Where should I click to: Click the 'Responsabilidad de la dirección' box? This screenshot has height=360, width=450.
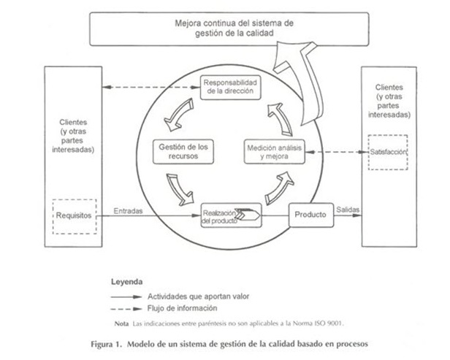point(230,87)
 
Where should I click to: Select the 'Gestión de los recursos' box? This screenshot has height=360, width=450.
point(183,151)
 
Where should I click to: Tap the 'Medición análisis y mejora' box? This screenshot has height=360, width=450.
point(275,152)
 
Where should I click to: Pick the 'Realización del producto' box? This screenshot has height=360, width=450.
point(232,215)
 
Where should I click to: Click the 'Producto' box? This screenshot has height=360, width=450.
point(311,215)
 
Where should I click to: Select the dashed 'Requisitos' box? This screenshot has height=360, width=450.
point(75,217)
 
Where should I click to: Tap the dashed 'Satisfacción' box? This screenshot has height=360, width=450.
point(388,153)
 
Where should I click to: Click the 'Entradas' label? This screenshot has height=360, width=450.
point(128,211)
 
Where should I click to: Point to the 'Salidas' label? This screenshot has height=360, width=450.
point(348,210)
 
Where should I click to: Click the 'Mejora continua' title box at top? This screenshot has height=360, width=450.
point(229,28)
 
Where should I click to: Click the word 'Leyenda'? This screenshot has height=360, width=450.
point(127,282)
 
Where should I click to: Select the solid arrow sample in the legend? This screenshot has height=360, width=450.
point(126,297)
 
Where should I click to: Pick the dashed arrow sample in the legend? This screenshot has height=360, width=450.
point(126,309)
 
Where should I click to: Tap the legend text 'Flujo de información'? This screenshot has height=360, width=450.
point(182,308)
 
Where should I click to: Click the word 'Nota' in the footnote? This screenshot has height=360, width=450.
point(121,324)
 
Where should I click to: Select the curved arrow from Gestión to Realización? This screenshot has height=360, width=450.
point(180,190)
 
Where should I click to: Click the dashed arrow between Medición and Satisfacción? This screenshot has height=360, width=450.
point(337,152)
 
